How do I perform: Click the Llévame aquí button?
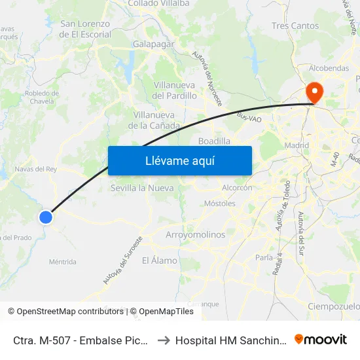coord(179,160)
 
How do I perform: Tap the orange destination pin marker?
coord(314,93)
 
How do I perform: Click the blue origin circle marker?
coord(46,217)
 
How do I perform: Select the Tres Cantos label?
coord(295,26)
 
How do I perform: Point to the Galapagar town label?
coord(153,43)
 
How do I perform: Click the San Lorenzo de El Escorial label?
coord(86,29)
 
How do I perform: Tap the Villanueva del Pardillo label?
coord(175,90)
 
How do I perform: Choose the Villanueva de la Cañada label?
coord(154,120)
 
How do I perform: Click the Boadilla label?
coord(214,141)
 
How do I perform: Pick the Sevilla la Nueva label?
coord(142,188)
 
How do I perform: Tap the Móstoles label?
coord(220,204)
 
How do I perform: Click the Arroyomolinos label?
coord(196,234)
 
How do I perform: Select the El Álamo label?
coord(160,261)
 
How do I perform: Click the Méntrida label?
coord(63,262)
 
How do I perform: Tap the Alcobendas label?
coord(329,68)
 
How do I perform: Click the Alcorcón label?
coord(237,187)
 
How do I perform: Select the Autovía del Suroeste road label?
coord(122,260)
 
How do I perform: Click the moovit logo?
coord(321,340)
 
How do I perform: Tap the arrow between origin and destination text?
coord(164,340)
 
